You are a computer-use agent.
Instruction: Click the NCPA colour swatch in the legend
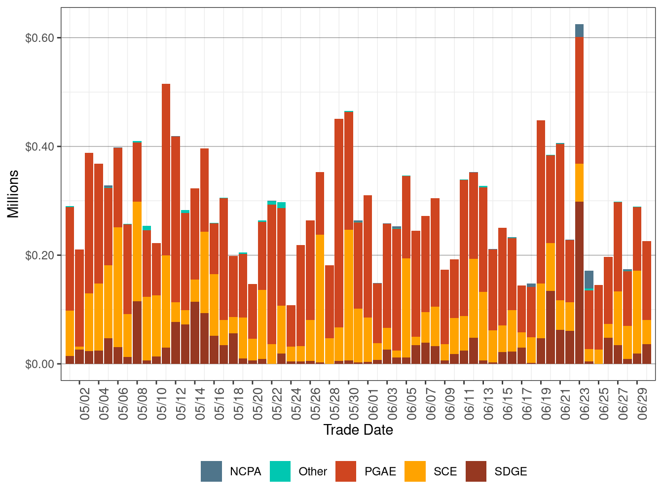[211, 471]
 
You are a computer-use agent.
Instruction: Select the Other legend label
[313, 471]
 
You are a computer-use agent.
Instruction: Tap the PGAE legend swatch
[345, 471]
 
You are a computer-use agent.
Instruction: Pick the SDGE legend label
[511, 471]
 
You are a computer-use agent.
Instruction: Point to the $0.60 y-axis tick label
[39, 38]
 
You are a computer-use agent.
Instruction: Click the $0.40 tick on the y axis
[39, 146]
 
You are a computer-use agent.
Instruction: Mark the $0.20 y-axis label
[39, 255]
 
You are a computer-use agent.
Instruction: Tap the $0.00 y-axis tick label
[39, 364]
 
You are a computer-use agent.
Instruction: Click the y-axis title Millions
[13, 194]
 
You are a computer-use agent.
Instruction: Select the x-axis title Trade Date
[358, 430]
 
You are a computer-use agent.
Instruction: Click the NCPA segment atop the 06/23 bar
[579, 31]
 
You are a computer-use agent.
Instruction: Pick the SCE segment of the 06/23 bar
[579, 182]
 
